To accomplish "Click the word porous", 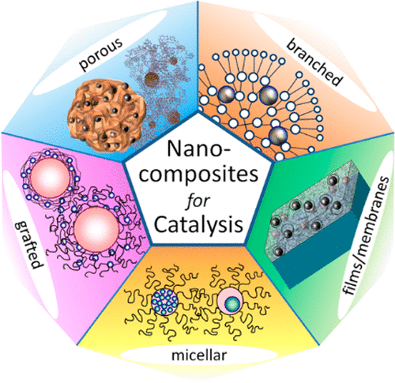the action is (101, 54).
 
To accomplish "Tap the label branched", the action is (314, 63).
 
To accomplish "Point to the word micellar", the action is (198, 355).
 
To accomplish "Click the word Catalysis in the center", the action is (198, 224).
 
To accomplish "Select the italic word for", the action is (197, 201).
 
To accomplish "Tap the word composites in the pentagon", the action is (198, 175).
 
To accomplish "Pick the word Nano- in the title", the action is (198, 148).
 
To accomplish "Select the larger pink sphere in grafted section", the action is (96, 227).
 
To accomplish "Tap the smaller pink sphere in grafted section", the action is (50, 178).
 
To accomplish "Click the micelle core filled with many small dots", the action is (165, 302).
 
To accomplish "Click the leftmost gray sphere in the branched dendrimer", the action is (227, 94).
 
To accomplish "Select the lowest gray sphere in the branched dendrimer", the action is (277, 136).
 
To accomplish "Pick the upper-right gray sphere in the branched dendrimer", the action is (269, 96).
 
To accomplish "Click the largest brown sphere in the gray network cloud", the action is (152, 78).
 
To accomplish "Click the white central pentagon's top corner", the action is (198, 112).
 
